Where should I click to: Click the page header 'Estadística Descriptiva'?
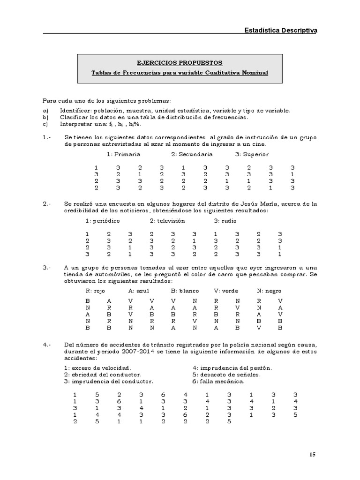pyautogui.click(x=280, y=30)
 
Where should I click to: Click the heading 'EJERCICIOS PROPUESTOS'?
pyautogui.click(x=180, y=63)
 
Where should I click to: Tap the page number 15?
pyautogui.click(x=313, y=454)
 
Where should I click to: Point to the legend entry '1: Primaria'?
pyautogui.click(x=123, y=154)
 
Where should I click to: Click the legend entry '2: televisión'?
pyautogui.click(x=167, y=220)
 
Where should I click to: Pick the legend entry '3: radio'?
pyautogui.click(x=225, y=220)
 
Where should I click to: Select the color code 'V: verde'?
pyautogui.click(x=226, y=291)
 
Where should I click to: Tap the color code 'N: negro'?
pyautogui.click(x=269, y=291)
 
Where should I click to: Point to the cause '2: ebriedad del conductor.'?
pyautogui.click(x=102, y=375)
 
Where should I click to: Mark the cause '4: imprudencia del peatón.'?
pyautogui.click(x=232, y=368)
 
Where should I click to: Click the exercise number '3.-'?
pyautogui.click(x=46, y=267)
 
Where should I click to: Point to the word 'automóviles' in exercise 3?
pyautogui.click(x=111, y=274)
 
